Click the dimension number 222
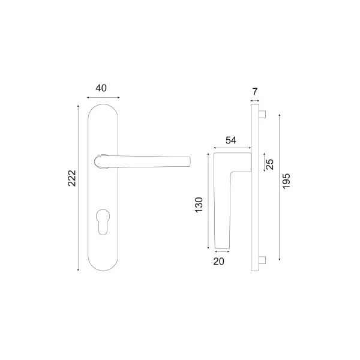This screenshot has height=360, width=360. (x=72, y=178)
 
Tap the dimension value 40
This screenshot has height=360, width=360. (x=101, y=88)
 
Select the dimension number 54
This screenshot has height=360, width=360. (x=231, y=140)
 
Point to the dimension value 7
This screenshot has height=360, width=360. (x=255, y=92)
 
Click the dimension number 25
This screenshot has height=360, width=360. (x=270, y=164)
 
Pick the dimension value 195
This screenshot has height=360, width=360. (x=286, y=181)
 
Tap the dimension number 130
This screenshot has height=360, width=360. (x=199, y=205)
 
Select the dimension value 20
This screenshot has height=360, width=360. (x=218, y=262)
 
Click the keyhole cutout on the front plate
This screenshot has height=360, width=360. (x=103, y=222)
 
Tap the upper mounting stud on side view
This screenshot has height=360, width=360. (x=262, y=114)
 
